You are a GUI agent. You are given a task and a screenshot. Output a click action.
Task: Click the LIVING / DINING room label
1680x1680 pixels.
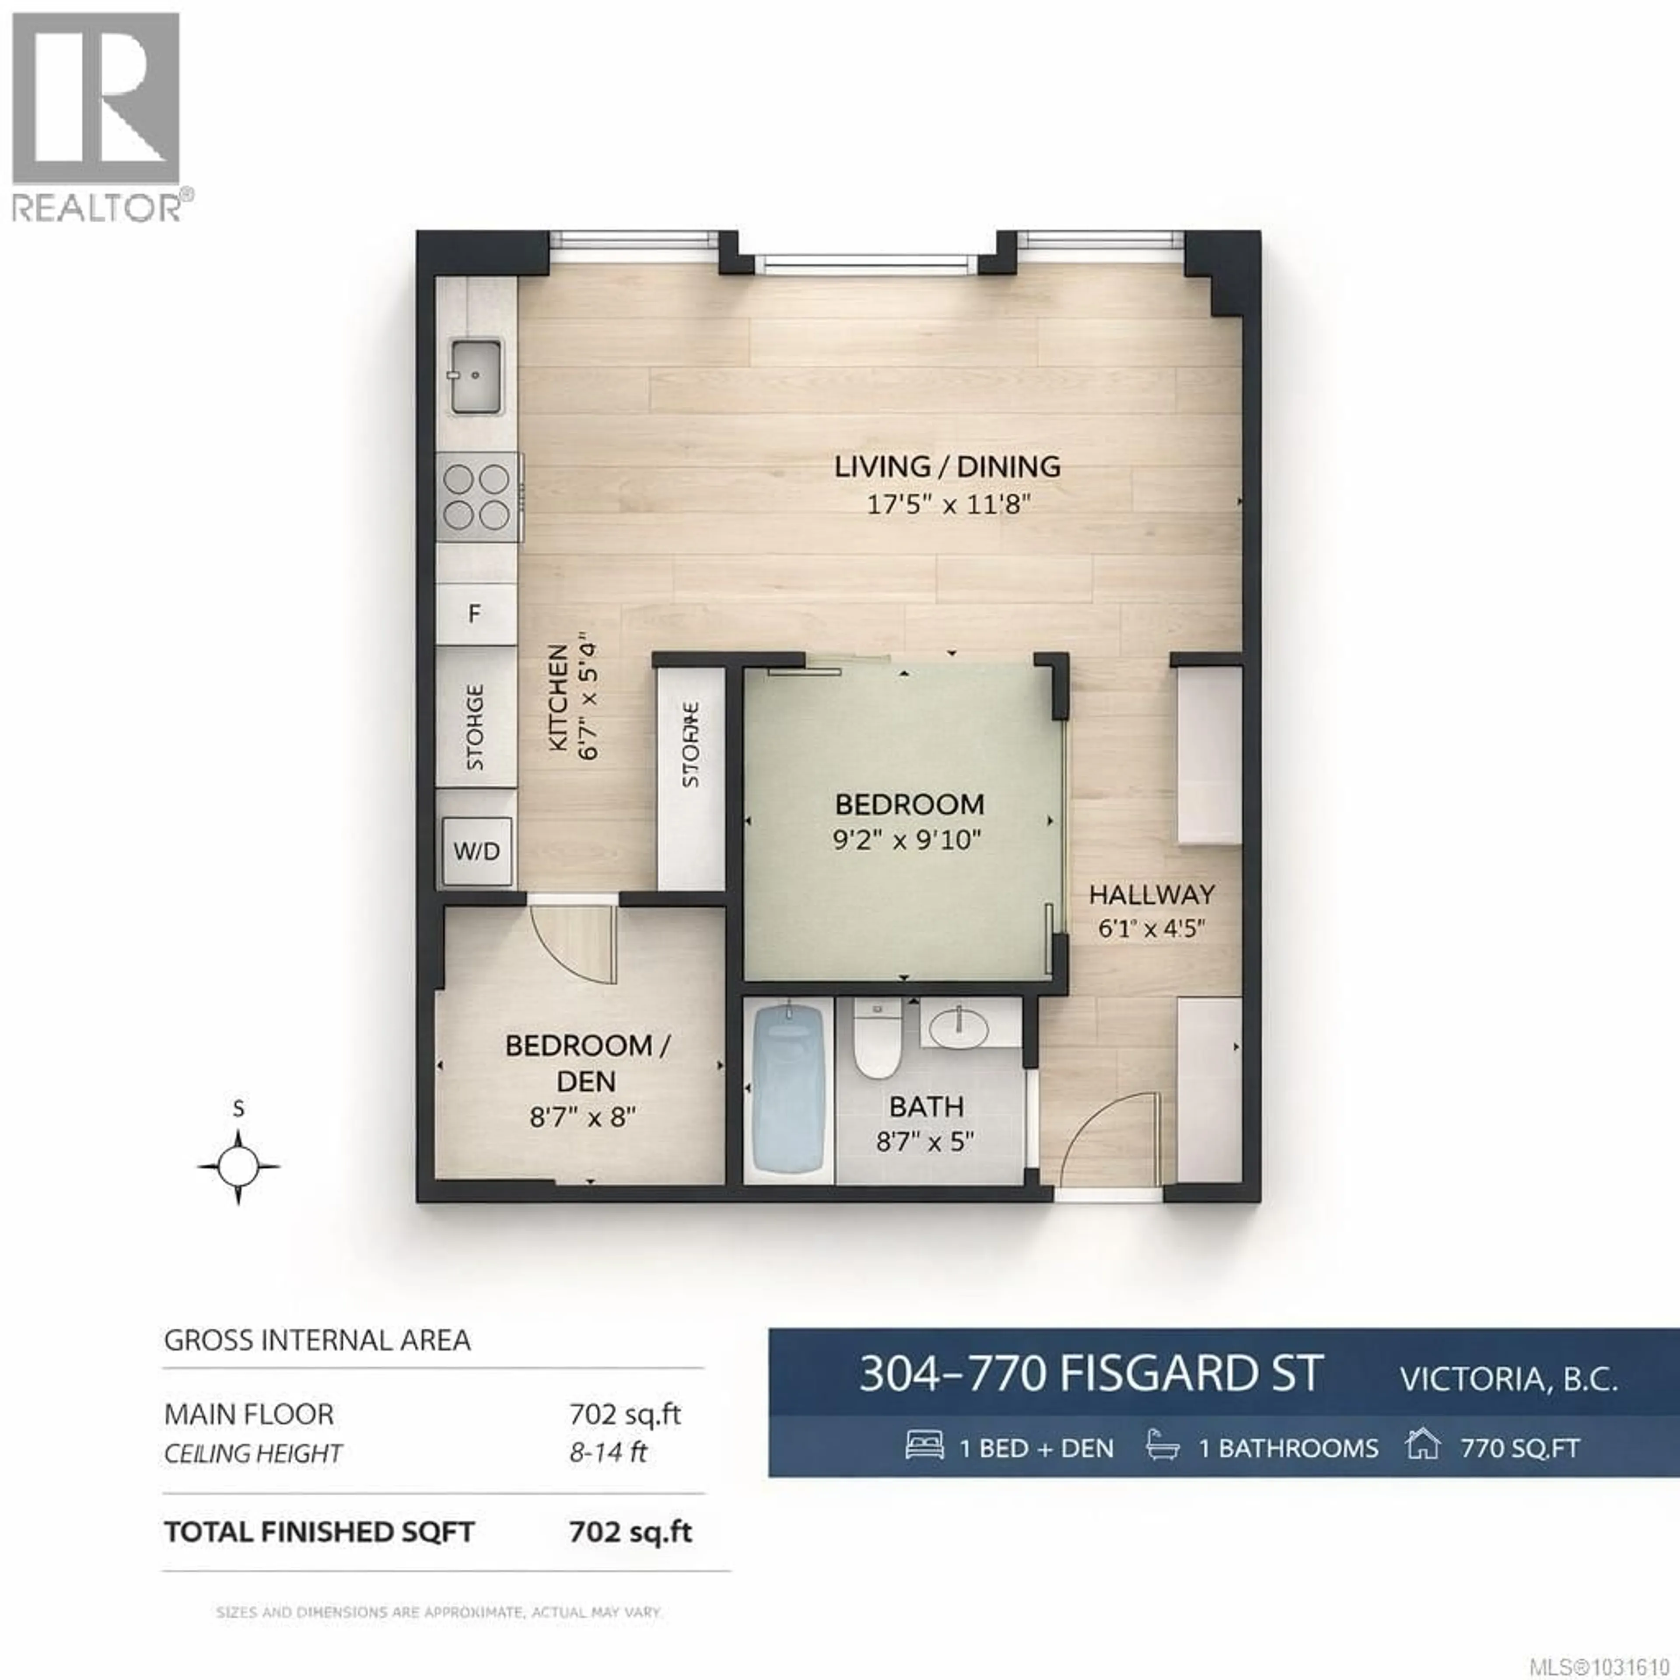point(947,467)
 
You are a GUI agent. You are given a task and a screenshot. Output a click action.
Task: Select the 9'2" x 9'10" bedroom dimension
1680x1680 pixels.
point(907,840)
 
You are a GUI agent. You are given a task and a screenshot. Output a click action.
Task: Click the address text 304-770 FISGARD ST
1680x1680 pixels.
point(1091,1375)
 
